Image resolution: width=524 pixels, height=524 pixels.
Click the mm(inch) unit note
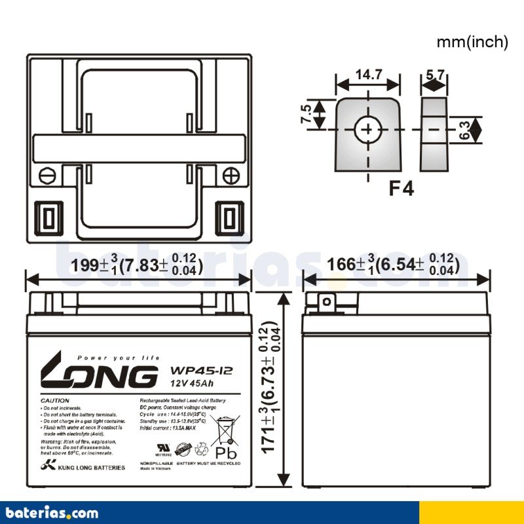[472, 42]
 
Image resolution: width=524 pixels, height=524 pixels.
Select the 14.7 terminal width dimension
[368, 75]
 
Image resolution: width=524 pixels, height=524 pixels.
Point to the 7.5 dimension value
[306, 115]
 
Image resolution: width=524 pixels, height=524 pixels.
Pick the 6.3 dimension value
[464, 130]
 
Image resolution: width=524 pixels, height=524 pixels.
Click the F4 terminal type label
[401, 189]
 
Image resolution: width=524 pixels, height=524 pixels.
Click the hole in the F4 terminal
[367, 130]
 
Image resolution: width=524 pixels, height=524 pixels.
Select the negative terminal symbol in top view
[47, 176]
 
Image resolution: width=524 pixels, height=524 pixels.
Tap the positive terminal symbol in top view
[230, 176]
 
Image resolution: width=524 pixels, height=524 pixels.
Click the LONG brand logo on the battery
[99, 375]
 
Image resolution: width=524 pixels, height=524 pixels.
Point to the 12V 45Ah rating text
[191, 383]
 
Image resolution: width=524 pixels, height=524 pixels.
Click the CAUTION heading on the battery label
[55, 400]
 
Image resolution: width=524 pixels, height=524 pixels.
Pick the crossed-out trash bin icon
[226, 428]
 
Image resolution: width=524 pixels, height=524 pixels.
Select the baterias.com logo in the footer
[52, 512]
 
